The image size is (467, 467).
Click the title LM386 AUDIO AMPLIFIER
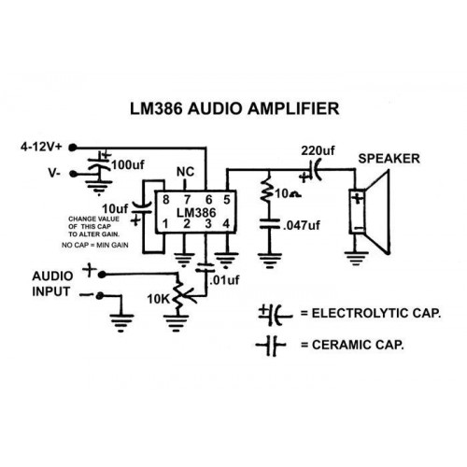point(234,109)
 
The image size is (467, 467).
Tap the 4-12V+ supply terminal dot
point(73,148)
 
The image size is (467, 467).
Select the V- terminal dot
point(73,174)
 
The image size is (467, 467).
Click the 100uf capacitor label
point(128,165)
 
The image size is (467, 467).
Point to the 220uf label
point(318,150)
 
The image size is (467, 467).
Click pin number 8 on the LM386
point(166,200)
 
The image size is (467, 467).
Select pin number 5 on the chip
point(227,200)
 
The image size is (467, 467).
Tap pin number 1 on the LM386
point(165,223)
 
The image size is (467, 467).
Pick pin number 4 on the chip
point(226,223)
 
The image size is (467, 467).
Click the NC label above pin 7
point(185,172)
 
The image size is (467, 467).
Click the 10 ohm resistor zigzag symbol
point(266,190)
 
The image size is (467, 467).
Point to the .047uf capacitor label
point(302,225)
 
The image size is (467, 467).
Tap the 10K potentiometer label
point(158,299)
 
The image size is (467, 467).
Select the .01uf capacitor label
point(224,280)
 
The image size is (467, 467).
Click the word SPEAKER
point(389,159)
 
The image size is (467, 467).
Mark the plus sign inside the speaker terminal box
point(358,198)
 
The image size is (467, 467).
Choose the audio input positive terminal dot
point(101,275)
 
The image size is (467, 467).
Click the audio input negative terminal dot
point(100,296)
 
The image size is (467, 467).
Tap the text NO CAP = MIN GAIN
point(95,246)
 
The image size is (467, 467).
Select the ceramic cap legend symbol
point(271,346)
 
